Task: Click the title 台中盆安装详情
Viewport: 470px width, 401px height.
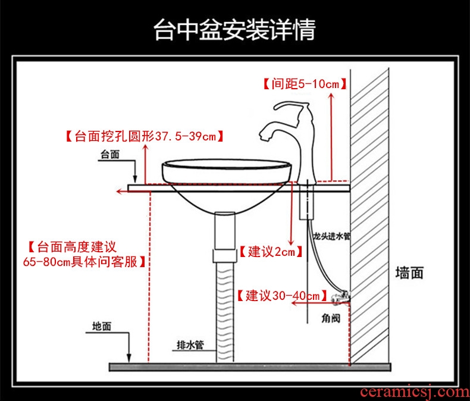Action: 234,30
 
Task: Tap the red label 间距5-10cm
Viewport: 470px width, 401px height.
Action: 305,84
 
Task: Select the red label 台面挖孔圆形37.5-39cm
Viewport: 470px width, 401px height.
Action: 145,136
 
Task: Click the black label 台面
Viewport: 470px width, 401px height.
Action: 109,155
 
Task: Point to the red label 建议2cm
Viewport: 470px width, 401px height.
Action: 271,252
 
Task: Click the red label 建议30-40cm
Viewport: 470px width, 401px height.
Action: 282,296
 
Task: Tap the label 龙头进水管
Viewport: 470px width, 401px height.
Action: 332,236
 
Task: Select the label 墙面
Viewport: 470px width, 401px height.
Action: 409,273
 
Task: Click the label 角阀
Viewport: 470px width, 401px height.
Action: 331,318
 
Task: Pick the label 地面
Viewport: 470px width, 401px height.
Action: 102,327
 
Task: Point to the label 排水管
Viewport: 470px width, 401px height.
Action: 190,345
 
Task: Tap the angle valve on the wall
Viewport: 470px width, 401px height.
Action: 340,296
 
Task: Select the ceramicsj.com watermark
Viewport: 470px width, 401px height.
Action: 415,391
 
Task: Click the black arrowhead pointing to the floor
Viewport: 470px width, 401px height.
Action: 129,358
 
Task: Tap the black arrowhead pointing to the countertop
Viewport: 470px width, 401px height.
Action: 135,179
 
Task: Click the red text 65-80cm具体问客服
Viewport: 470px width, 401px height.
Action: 84,262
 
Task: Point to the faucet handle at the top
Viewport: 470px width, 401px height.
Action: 292,105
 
